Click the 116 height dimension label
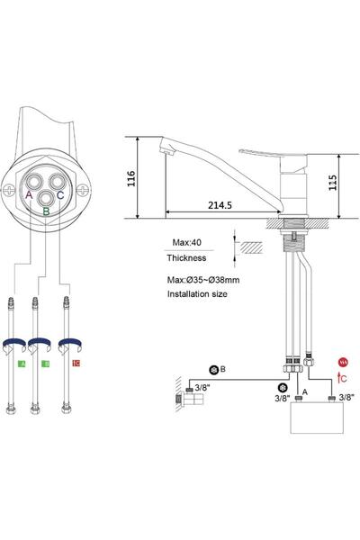coord(130,177)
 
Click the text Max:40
coord(187,240)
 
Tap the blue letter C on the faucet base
coord(60,194)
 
